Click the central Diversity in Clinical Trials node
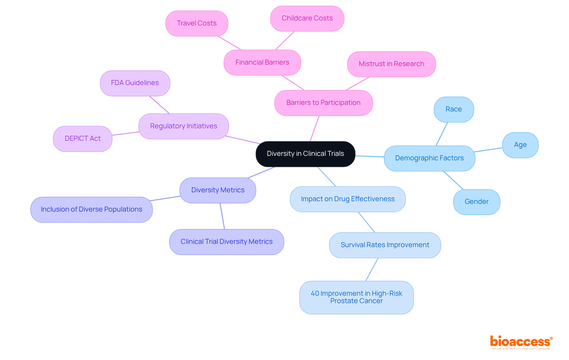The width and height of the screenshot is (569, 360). coord(305,154)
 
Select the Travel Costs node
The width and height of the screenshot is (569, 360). coord(196,23)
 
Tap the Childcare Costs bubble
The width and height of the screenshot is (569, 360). coord(307,18)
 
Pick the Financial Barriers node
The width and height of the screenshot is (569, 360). coord(262,63)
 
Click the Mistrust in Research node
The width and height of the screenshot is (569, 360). coord(391,64)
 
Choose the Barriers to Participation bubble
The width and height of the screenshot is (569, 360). coord(323,103)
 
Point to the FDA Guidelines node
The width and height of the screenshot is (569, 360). coord(135,83)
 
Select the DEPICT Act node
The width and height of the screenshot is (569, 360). coord(83,139)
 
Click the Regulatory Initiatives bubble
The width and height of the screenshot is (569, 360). coord(183,126)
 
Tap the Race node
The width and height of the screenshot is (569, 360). coord(453,109)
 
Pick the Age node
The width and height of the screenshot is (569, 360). coord(520,145)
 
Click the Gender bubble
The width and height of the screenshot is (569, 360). coord(477,202)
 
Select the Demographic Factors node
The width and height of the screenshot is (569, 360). coord(429,158)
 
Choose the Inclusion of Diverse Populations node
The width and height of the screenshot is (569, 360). coord(91,209)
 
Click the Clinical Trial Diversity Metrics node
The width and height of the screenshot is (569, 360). coord(226,242)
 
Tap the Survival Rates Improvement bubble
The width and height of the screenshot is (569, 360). coord(385,245)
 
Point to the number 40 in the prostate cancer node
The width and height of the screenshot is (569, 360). coord(315,293)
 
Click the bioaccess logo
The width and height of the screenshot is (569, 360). coord(521,342)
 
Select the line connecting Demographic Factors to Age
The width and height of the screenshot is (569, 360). coord(488,150)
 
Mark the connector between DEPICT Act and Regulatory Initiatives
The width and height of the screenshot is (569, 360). coord(125,134)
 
